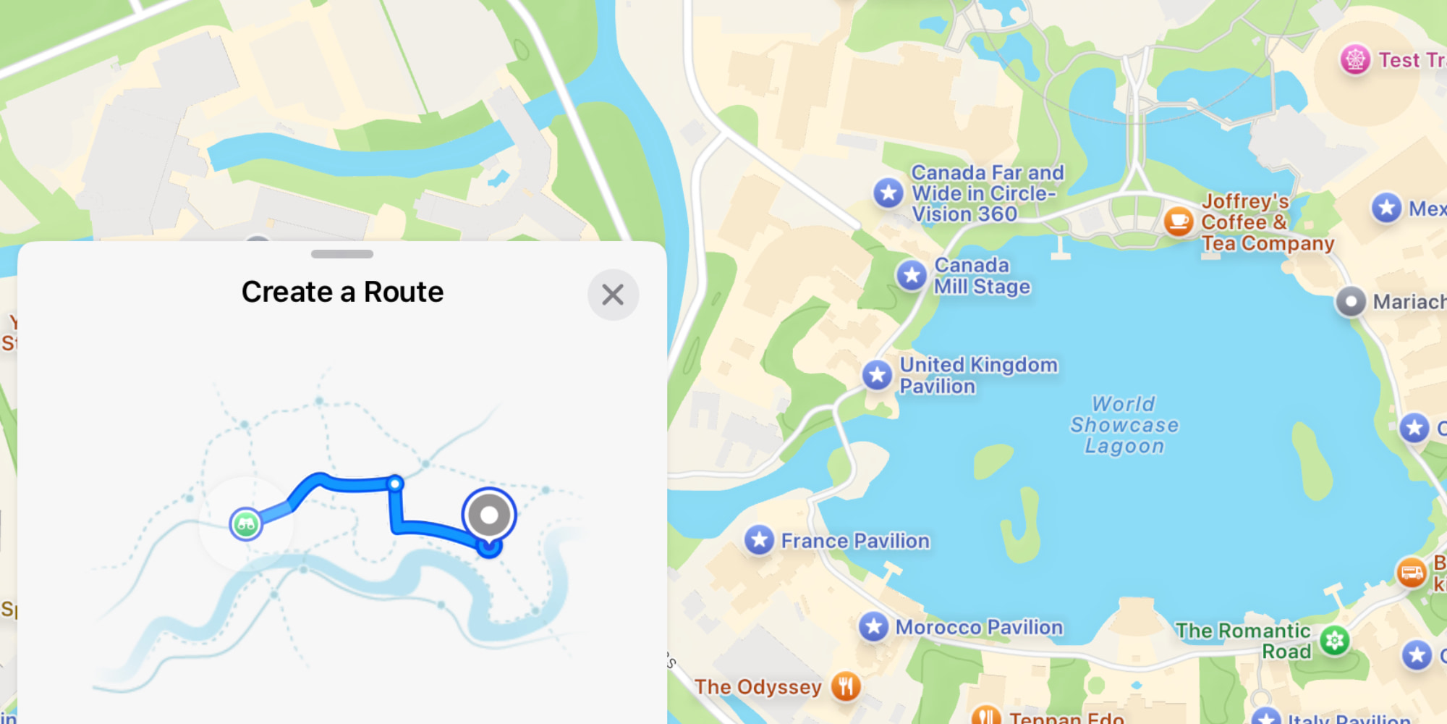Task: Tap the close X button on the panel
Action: (x=613, y=295)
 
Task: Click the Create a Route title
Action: (x=342, y=292)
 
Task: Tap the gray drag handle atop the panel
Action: (x=342, y=254)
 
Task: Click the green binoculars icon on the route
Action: (x=246, y=523)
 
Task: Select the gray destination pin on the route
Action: (x=489, y=515)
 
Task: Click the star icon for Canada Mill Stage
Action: (x=912, y=276)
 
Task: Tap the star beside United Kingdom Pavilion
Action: (x=878, y=375)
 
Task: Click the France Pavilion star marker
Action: (x=760, y=540)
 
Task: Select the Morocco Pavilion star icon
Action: (x=873, y=627)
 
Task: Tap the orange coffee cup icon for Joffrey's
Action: (x=1179, y=220)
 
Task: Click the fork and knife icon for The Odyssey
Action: (x=846, y=686)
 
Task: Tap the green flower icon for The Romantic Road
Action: (x=1335, y=641)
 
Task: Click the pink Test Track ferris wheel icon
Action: (x=1355, y=59)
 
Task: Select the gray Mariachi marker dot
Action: (x=1351, y=301)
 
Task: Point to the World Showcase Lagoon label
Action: (x=1124, y=425)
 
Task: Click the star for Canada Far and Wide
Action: (x=888, y=193)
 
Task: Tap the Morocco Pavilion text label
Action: (x=979, y=627)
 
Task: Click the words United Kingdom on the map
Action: (x=978, y=365)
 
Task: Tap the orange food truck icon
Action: (x=1411, y=573)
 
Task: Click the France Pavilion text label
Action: (x=855, y=541)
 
